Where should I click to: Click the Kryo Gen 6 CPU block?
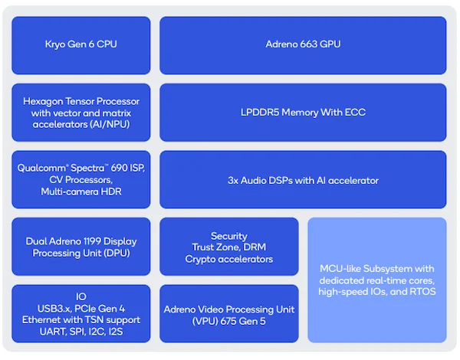81,44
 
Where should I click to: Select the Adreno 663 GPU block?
303,44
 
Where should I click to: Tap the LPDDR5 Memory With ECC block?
303,113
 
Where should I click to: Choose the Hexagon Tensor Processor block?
81,113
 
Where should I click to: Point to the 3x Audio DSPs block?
303,180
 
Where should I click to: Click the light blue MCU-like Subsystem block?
376,280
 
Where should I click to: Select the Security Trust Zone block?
228,247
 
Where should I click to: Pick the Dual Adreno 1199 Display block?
81,247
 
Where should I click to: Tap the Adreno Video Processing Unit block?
228,314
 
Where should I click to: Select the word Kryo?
58,44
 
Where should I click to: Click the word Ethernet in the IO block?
41,319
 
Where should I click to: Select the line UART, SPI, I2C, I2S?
81,332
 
